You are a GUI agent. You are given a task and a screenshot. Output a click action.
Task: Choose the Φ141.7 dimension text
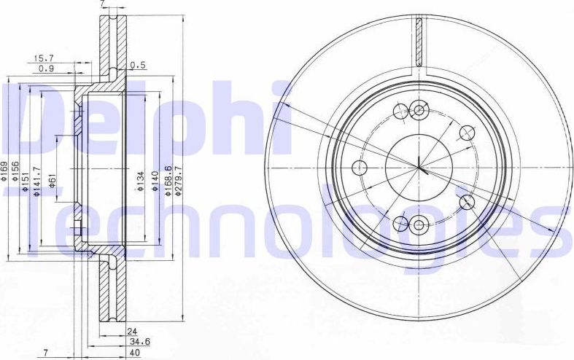point(35,185)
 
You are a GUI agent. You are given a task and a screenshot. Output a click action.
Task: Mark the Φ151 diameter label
point(26,183)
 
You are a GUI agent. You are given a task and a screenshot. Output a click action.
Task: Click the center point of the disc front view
point(419,168)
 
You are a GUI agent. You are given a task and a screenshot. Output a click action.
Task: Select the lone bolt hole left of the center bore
point(360,168)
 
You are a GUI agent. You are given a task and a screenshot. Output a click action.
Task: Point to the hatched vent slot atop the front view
point(419,41)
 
